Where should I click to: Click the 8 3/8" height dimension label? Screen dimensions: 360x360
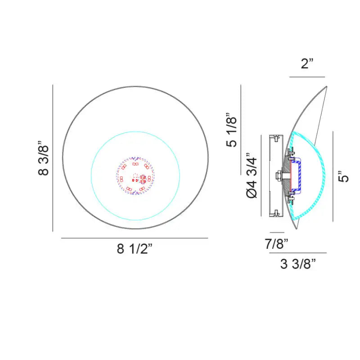[43, 158]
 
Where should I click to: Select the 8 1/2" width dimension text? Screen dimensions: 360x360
[135, 248]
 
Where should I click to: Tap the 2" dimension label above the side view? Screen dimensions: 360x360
[307, 63]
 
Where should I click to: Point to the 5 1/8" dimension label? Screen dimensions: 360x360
[231, 130]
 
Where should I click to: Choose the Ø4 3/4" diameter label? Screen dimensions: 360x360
[252, 175]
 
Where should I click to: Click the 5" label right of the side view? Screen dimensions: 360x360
[343, 176]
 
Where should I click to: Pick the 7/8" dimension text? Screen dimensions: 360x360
[276, 243]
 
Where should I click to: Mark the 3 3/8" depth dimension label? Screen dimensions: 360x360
[298, 264]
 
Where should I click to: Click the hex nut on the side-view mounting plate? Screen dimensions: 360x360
[279, 175]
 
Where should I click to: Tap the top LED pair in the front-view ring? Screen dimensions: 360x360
[135, 164]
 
